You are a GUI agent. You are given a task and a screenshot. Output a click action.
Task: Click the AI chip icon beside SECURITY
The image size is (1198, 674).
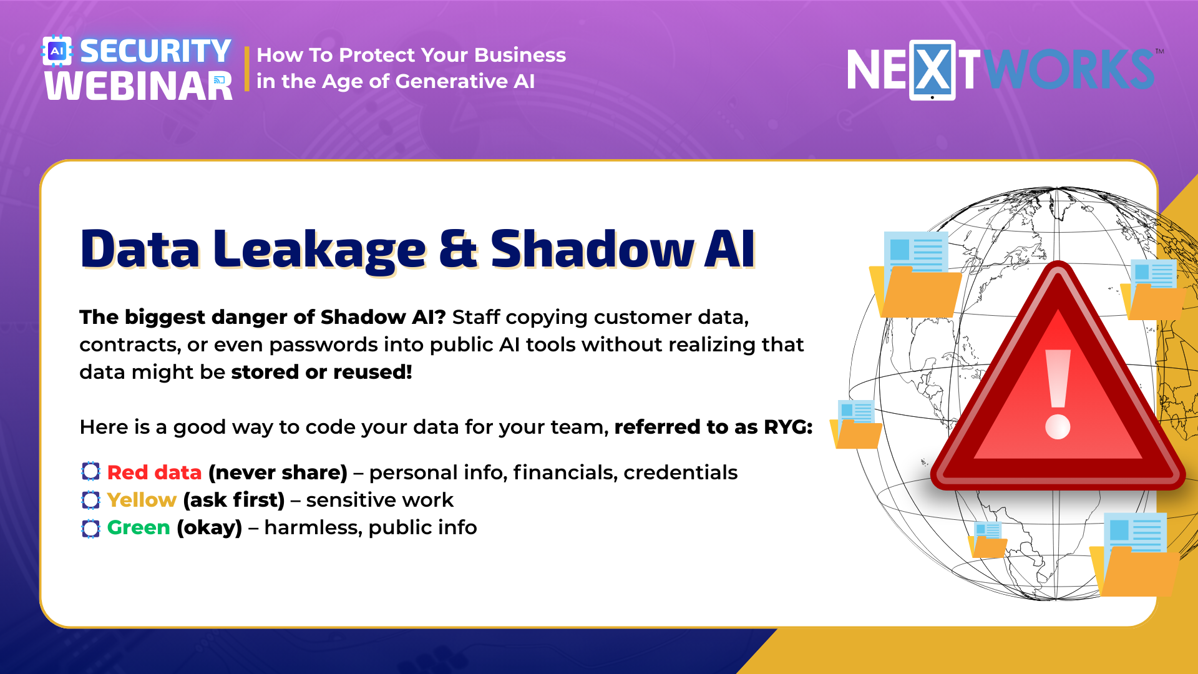(x=57, y=51)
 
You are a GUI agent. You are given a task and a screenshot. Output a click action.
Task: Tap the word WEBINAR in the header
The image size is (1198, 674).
(x=139, y=86)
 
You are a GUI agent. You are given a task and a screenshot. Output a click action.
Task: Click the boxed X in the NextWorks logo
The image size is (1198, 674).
(x=932, y=70)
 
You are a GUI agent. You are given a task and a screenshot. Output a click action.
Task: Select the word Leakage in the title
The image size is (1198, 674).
(x=319, y=250)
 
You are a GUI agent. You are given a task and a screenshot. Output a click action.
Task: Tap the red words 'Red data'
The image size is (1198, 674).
(x=154, y=472)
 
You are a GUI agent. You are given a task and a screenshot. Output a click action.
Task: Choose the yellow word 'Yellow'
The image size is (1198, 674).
(x=142, y=500)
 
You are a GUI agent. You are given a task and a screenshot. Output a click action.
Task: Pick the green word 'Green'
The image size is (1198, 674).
(x=139, y=527)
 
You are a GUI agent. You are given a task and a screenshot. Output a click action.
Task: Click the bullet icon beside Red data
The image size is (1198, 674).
(x=90, y=472)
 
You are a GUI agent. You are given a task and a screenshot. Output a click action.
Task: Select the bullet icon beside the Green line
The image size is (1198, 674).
(x=90, y=529)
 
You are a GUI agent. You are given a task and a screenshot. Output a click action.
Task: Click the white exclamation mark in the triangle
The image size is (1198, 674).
(x=1058, y=394)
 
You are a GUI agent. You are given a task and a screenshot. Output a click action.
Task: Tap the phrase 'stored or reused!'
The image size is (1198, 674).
(x=321, y=372)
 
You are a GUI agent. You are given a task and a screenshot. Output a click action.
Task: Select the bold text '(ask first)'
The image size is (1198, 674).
(x=234, y=500)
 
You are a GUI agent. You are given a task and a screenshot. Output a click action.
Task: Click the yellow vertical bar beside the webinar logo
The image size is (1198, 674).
(x=247, y=69)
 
